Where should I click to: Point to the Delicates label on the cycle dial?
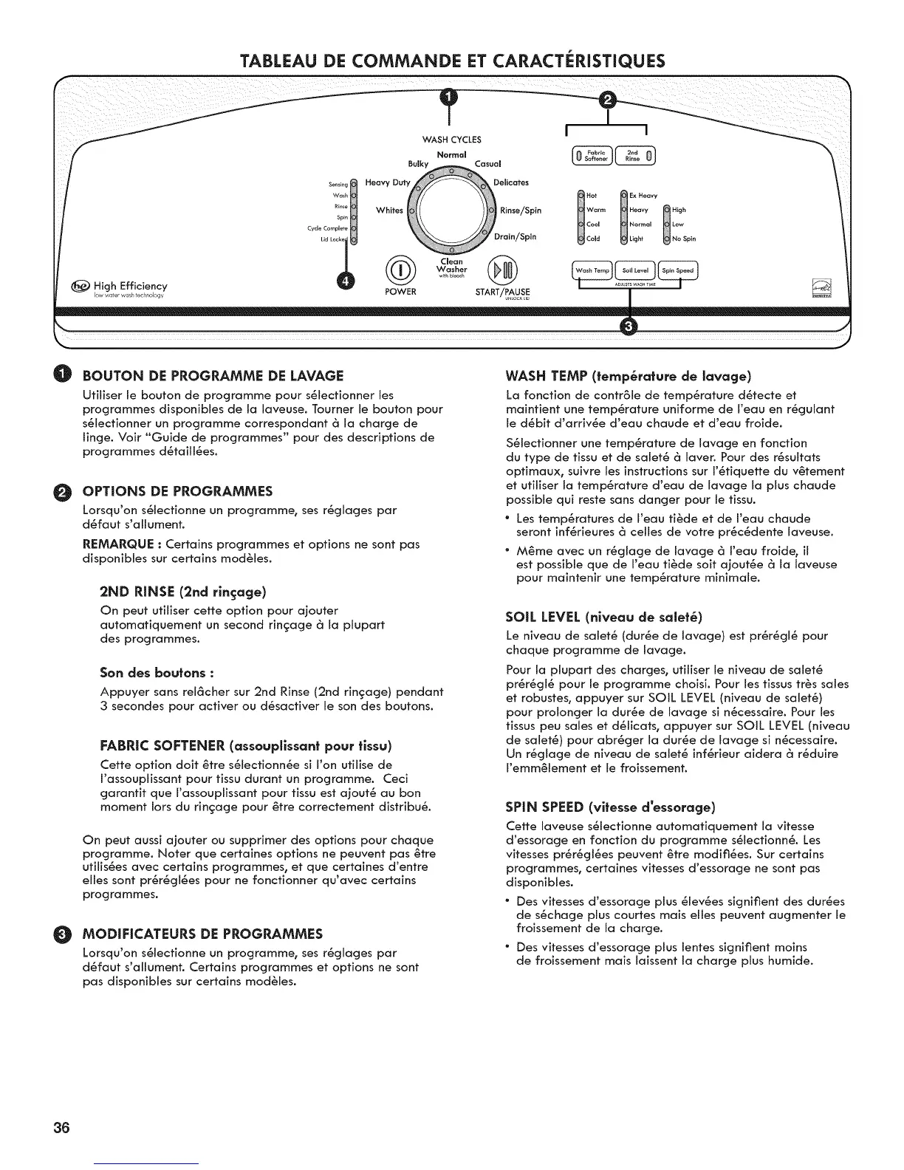tap(511, 182)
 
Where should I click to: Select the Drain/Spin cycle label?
tap(516, 237)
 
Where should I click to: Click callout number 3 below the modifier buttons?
tap(629, 327)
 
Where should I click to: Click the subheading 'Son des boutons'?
tap(157, 673)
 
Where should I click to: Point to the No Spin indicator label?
tap(684, 239)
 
